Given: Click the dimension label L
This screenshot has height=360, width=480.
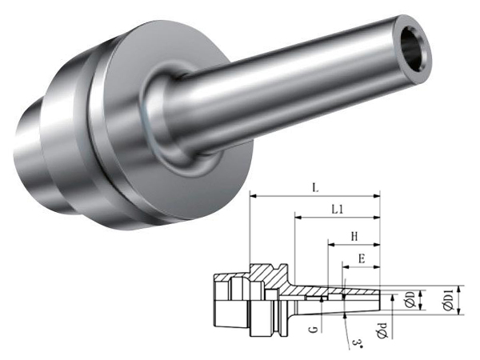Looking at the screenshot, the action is tap(316, 187).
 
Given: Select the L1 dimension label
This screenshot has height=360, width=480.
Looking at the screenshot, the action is tap(338, 210).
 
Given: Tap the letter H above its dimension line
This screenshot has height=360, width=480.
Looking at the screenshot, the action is tap(354, 237).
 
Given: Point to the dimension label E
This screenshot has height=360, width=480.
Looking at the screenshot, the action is tap(362, 259).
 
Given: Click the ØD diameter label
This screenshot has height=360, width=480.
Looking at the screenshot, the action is tap(410, 299).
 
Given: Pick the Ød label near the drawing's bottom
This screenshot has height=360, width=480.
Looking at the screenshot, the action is tap(382, 330).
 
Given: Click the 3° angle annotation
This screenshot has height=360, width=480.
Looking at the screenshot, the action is tap(357, 343).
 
